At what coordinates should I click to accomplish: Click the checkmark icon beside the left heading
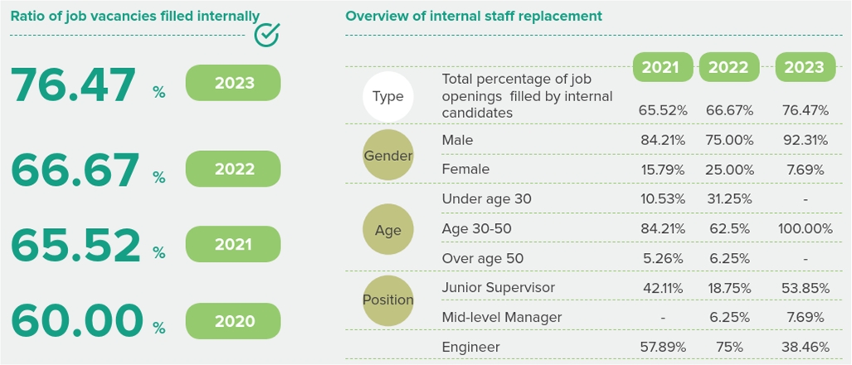[x=267, y=34]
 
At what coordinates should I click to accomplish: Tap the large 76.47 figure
[x=73, y=85]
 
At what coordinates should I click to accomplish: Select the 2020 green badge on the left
[x=234, y=321]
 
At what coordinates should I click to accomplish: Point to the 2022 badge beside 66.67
[x=234, y=169]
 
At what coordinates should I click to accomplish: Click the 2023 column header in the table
[x=806, y=67]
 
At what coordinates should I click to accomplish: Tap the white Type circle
[x=388, y=97]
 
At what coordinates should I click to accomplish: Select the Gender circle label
[x=388, y=155]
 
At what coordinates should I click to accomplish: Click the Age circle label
[x=388, y=229]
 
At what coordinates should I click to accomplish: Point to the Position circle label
[x=388, y=300]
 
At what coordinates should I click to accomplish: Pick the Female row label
[x=465, y=169]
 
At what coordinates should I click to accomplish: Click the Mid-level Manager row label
[x=502, y=317]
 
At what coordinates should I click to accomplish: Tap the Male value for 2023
[x=806, y=140]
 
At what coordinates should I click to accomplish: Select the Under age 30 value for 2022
[x=729, y=199]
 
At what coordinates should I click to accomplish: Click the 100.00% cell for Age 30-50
[x=806, y=229]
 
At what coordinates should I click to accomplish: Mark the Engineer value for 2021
[x=663, y=347]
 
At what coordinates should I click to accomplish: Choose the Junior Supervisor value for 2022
[x=729, y=288]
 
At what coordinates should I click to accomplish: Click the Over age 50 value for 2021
[x=663, y=259]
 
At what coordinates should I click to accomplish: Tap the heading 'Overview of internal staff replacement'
[x=474, y=17]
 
